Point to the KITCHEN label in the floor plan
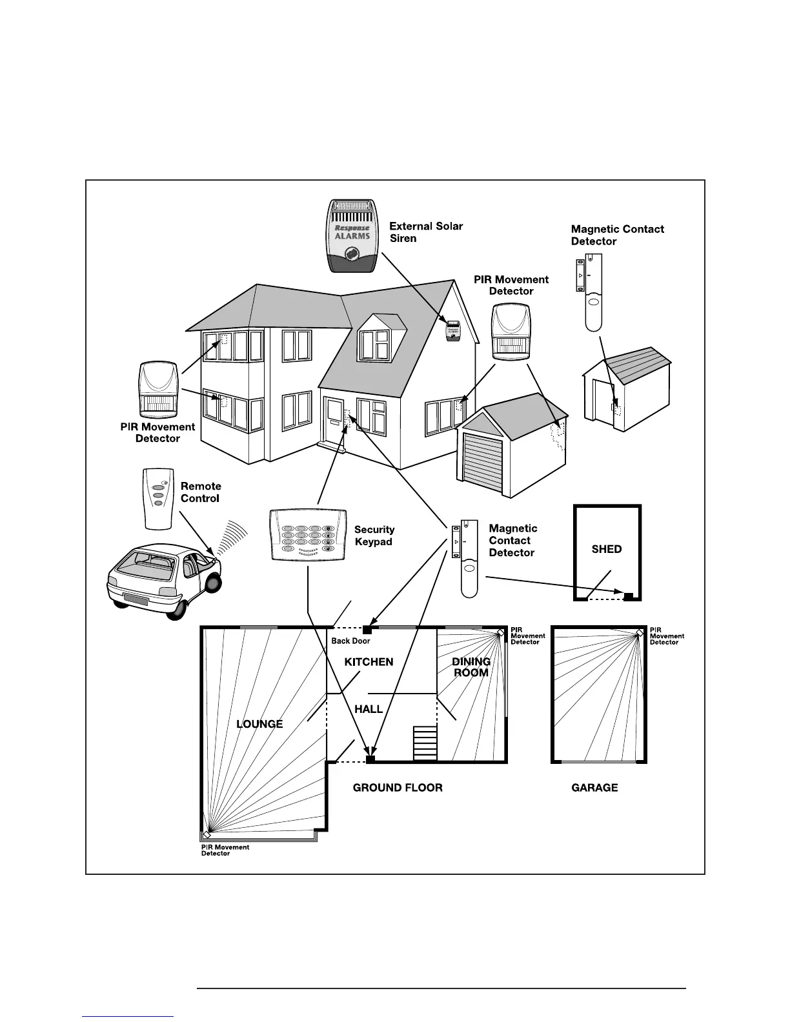369,662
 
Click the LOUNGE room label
259,724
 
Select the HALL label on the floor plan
369,709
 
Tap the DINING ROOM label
471,667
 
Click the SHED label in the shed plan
607,549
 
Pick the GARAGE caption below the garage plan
594,788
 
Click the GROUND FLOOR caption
398,788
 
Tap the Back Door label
350,641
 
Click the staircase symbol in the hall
425,743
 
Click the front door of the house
334,420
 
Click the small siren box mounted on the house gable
453,330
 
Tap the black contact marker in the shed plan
628,595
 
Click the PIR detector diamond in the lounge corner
207,835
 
